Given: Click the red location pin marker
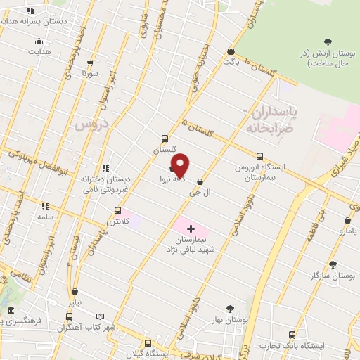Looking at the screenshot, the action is click(181, 165).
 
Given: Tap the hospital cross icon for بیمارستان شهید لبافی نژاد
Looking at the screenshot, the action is click(191, 229).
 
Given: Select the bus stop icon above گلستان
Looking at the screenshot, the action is click(165, 139).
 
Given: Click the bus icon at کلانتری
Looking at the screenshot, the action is click(117, 210).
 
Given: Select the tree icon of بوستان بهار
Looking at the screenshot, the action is click(230, 308).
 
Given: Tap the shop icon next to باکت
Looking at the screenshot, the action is click(231, 51).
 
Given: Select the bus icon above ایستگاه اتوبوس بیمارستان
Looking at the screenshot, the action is click(260, 156).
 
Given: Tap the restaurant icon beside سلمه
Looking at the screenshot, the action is click(45, 207).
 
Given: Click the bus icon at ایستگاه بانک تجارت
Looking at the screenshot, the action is click(291, 334).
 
